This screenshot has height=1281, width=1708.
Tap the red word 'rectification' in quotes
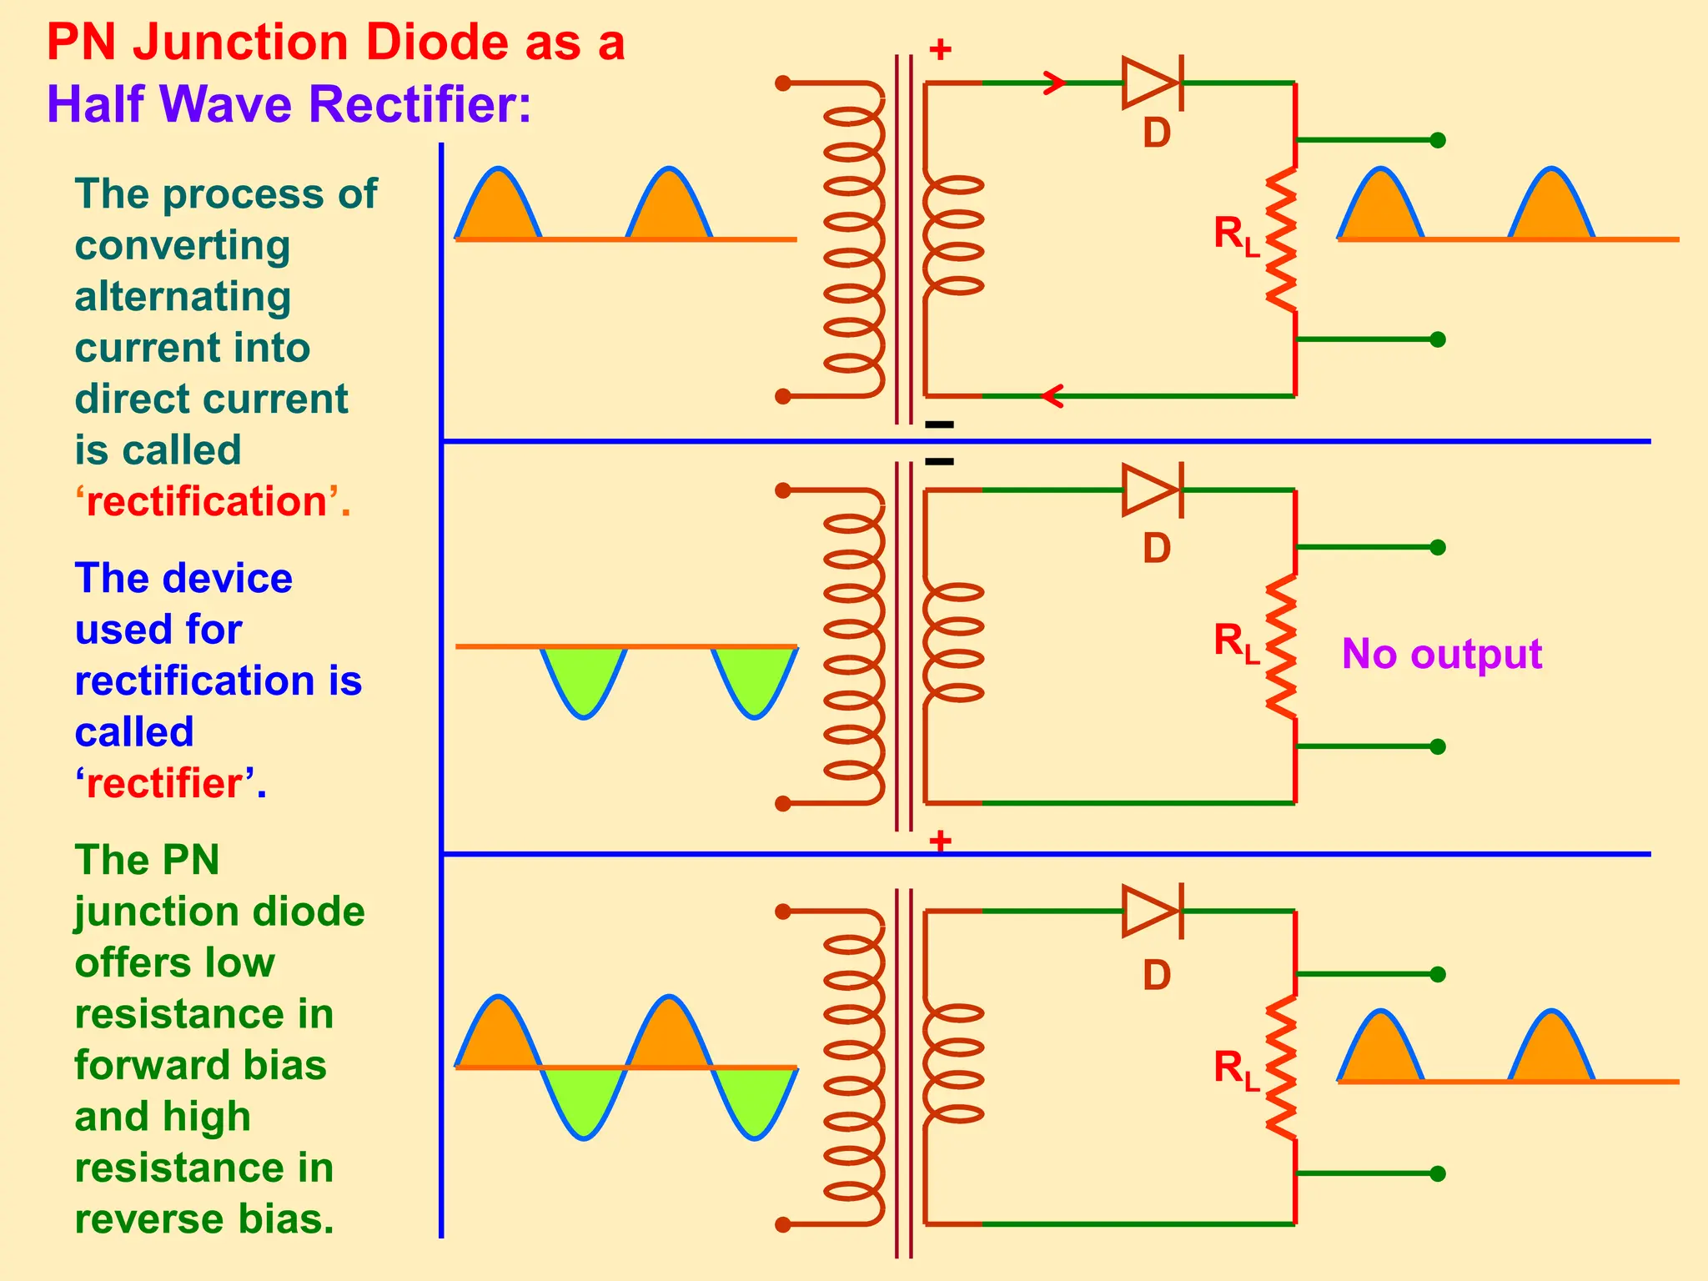pos(206,502)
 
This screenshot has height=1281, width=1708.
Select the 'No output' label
pos(1441,654)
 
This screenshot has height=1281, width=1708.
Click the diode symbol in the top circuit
pos(1152,83)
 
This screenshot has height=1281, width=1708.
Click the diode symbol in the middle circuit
pos(1152,490)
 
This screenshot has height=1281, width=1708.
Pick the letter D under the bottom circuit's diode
pos(1157,975)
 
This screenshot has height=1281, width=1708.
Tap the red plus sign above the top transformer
pos(940,49)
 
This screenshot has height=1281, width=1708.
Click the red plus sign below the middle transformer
pos(940,840)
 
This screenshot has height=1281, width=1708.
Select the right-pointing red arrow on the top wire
pos(1055,83)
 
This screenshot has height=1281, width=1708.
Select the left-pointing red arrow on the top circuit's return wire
pos(1053,396)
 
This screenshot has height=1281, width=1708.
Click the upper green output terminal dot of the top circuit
pos(1438,140)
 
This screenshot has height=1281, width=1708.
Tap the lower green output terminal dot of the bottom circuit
pos(1438,1173)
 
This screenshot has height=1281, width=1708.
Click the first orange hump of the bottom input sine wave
pos(499,1038)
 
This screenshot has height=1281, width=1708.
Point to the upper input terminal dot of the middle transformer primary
pos(782,490)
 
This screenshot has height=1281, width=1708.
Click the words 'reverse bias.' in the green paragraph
pos(204,1219)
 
